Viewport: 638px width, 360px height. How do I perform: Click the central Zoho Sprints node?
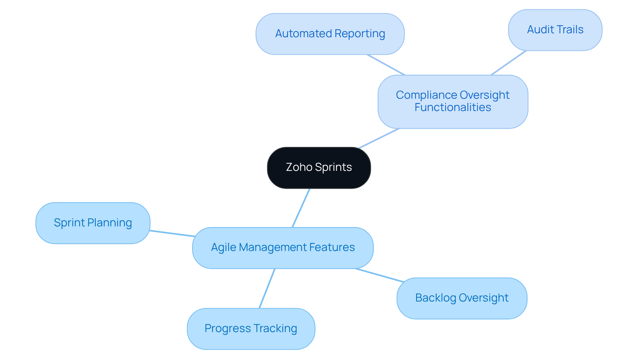point(319,168)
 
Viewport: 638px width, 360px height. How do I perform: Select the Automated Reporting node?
point(330,34)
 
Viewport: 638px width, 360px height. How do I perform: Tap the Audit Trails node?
point(555,30)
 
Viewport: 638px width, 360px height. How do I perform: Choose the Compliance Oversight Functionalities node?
point(453,101)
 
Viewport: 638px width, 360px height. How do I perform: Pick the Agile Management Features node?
point(283,248)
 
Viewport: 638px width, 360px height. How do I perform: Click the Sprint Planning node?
point(93,223)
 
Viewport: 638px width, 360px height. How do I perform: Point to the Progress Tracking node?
point(251,328)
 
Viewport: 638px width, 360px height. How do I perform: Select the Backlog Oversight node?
point(462,298)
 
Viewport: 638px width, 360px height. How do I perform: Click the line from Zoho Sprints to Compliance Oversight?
point(379,138)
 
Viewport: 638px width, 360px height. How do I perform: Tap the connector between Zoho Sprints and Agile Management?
point(301,208)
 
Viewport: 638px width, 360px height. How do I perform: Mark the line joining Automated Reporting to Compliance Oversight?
point(386,65)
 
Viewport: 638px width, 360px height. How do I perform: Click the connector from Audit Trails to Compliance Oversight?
point(508,63)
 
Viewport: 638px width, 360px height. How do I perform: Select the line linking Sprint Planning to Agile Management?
point(172,233)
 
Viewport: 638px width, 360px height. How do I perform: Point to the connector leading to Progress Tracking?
point(267,288)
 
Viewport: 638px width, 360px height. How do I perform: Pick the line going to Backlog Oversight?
point(379,275)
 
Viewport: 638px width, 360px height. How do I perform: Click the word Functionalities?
point(453,108)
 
